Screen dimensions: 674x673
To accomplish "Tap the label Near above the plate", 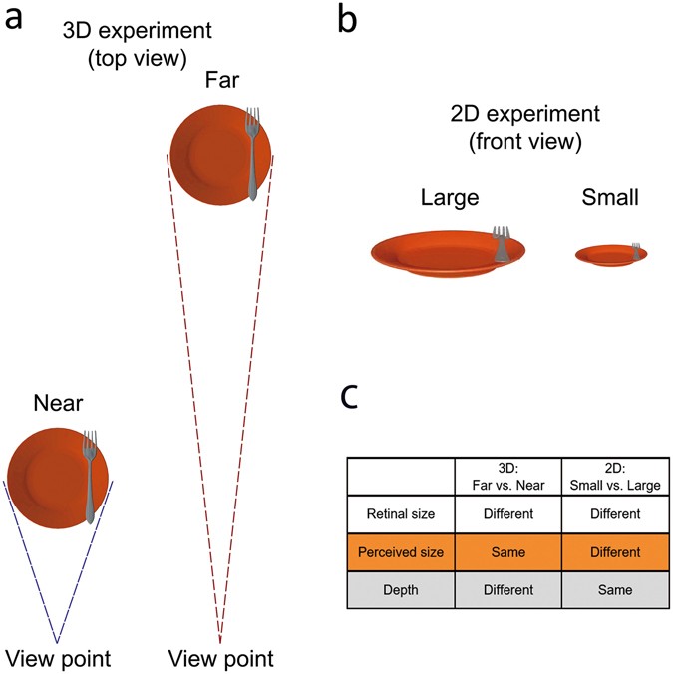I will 58,404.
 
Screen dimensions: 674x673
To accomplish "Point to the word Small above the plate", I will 610,199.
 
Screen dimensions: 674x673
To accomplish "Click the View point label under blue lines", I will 58,658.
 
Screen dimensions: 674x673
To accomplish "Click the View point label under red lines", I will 220,658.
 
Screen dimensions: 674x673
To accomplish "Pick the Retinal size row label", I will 399,515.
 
